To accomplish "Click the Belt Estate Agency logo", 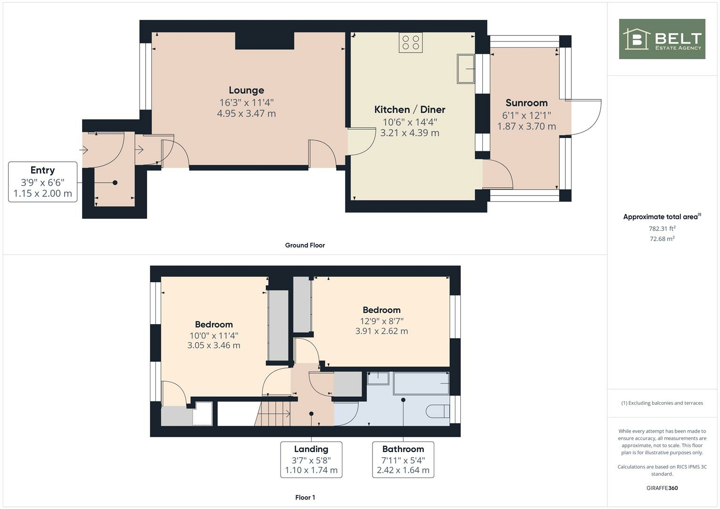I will point(662,39).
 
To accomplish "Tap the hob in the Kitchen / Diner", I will point(410,42).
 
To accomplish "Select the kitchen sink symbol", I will point(465,69).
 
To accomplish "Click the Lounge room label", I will point(246,90).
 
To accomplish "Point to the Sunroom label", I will point(526,103).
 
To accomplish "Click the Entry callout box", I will point(42,182).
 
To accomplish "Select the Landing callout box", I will point(311,460).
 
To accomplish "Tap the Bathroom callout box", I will point(403,460).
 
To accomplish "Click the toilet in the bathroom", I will point(437,411).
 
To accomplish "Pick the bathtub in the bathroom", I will point(421,383).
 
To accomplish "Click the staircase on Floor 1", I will point(273,413).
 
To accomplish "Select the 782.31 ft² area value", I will point(662,229).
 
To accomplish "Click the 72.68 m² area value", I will point(662,239).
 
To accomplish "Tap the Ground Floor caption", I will point(305,245).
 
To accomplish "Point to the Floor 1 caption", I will point(305,497).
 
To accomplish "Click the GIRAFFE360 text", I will point(662,488).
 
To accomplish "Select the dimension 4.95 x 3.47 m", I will point(246,114).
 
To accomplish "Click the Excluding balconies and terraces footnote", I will point(662,403).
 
